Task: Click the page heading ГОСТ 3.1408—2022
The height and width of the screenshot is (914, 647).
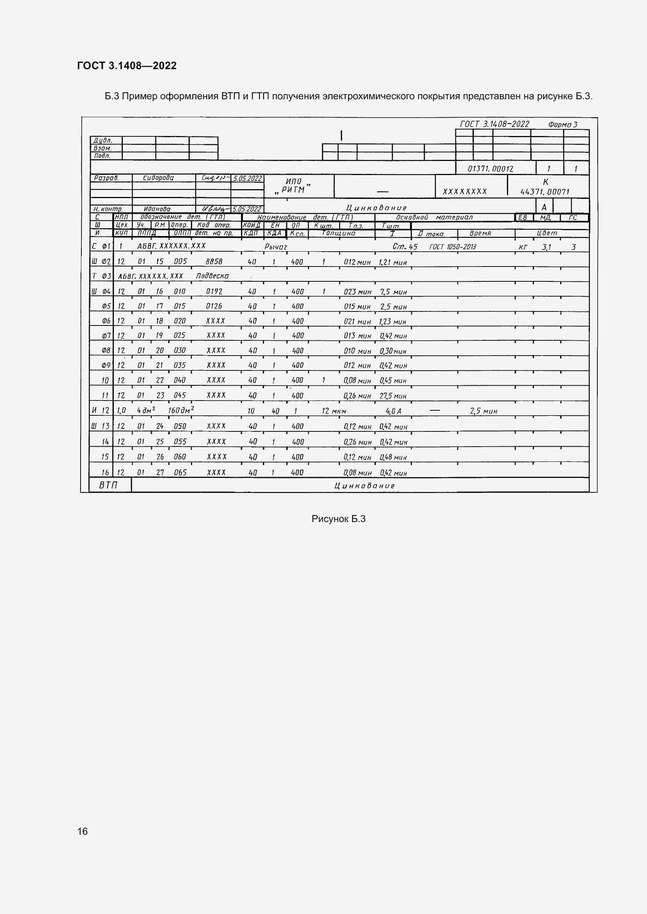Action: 127,66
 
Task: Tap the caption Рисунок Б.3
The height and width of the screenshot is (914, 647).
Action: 338,519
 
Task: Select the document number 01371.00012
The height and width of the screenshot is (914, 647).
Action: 491,169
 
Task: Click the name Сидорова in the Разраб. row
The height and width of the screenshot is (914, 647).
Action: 158,178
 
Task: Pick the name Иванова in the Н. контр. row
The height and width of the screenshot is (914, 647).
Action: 157,209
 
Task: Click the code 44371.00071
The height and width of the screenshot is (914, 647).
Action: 545,192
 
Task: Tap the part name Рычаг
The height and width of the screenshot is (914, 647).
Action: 276,247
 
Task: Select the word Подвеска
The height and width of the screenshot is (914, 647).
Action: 212,276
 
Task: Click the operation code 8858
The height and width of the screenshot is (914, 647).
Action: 214,261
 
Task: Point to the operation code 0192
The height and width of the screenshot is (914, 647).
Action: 214,292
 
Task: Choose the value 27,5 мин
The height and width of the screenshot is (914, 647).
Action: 393,396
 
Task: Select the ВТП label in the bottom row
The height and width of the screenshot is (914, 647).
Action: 108,485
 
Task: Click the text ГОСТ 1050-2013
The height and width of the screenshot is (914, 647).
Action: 453,247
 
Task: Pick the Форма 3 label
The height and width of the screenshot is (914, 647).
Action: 563,125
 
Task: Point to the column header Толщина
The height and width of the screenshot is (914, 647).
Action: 338,233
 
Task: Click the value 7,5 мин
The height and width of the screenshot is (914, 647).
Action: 393,292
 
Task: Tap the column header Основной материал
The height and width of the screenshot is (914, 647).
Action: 434,217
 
